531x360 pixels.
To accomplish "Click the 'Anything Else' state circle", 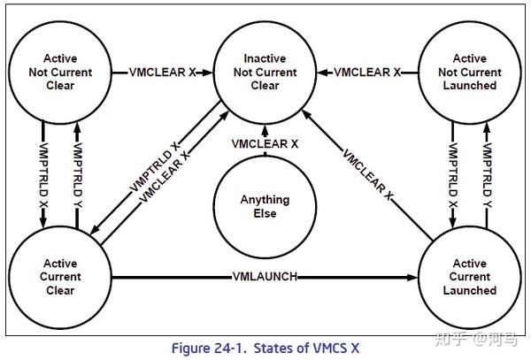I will (x=265, y=206).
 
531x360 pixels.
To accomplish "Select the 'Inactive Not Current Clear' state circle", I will (x=265, y=72).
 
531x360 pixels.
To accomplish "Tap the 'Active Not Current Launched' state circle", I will (x=469, y=72).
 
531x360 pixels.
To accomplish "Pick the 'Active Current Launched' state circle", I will (x=469, y=277).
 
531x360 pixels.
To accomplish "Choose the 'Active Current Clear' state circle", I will (x=60, y=277).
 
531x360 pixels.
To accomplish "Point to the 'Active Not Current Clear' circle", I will (x=60, y=72).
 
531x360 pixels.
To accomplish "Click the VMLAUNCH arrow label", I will (x=265, y=277).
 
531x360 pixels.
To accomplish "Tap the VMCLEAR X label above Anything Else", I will (x=265, y=143).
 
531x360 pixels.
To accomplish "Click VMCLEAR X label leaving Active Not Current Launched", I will (x=366, y=71).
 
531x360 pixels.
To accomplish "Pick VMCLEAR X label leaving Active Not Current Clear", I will (x=163, y=71).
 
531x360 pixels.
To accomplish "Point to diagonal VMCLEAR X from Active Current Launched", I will (x=366, y=172).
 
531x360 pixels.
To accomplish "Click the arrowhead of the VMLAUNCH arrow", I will (x=415, y=277).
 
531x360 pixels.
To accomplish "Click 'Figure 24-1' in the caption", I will (x=211, y=349).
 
